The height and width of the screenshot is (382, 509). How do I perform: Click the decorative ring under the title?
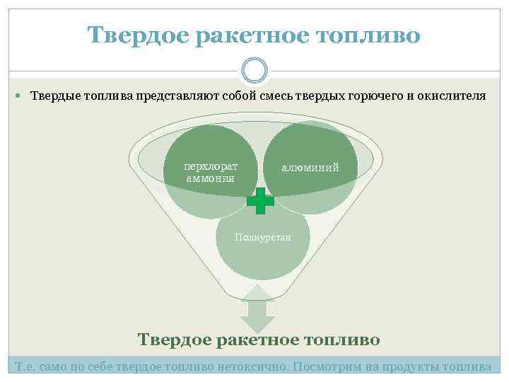(x=255, y=70)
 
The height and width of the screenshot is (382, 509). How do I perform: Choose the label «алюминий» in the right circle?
(x=310, y=168)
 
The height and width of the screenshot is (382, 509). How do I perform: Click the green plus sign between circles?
(x=260, y=201)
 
